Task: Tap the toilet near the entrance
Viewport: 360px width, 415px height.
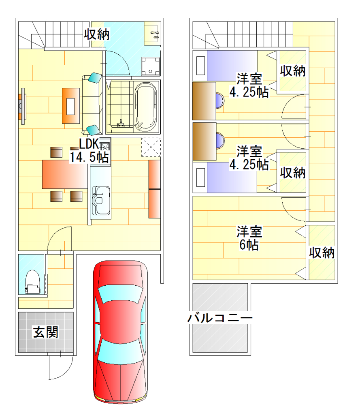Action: [32, 282]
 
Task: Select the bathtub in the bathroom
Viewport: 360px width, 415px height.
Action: [145, 107]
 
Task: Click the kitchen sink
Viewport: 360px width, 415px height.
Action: [101, 201]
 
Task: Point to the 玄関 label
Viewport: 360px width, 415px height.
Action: [45, 332]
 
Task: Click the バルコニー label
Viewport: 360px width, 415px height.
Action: [220, 318]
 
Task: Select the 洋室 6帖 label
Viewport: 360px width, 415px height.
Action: [249, 238]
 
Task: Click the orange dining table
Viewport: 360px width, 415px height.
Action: [65, 174]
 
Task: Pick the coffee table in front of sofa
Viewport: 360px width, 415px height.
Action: [71, 106]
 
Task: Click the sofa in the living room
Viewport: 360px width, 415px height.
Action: [92, 104]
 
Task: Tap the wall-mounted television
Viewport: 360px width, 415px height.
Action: [22, 106]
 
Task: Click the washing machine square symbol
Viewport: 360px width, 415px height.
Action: [151, 66]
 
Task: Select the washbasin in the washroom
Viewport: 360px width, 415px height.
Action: [152, 33]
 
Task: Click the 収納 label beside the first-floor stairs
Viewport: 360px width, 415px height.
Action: [97, 34]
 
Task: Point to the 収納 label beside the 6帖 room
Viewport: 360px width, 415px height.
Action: [322, 253]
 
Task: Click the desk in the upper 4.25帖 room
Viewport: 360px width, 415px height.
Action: [204, 101]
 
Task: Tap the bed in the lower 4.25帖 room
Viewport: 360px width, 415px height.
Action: [225, 178]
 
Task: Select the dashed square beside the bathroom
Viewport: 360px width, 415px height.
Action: [151, 148]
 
